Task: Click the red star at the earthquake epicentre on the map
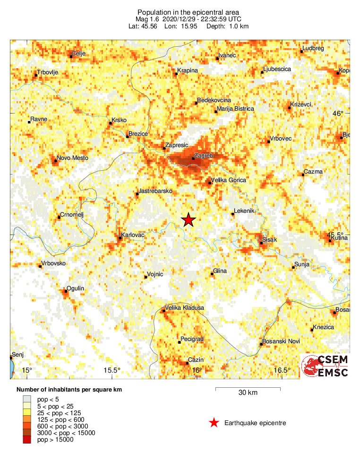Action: pos(189,219)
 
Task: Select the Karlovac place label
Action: pos(133,235)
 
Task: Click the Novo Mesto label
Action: pos(72,158)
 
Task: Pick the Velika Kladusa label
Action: pos(184,308)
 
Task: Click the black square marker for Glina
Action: pos(212,274)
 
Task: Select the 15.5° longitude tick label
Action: pos(112,370)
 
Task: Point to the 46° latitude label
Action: pos(338,113)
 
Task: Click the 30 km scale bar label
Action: pos(248,393)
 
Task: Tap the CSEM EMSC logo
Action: pos(325,366)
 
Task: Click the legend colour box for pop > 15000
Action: pos(27,440)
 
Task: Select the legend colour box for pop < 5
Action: pos(27,400)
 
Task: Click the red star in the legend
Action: pos(214,423)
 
